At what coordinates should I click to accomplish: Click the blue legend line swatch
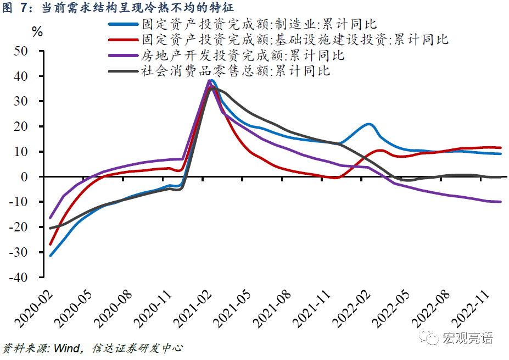124,25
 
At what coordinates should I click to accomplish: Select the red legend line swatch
124,40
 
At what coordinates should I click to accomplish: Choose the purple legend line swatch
124,56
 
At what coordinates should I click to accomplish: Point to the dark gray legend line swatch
124,71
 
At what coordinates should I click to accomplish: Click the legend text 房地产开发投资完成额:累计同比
243,56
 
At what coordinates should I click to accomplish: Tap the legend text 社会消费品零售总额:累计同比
236,71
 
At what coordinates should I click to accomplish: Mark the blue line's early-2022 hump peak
368,124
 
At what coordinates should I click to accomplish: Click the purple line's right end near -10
500,202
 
